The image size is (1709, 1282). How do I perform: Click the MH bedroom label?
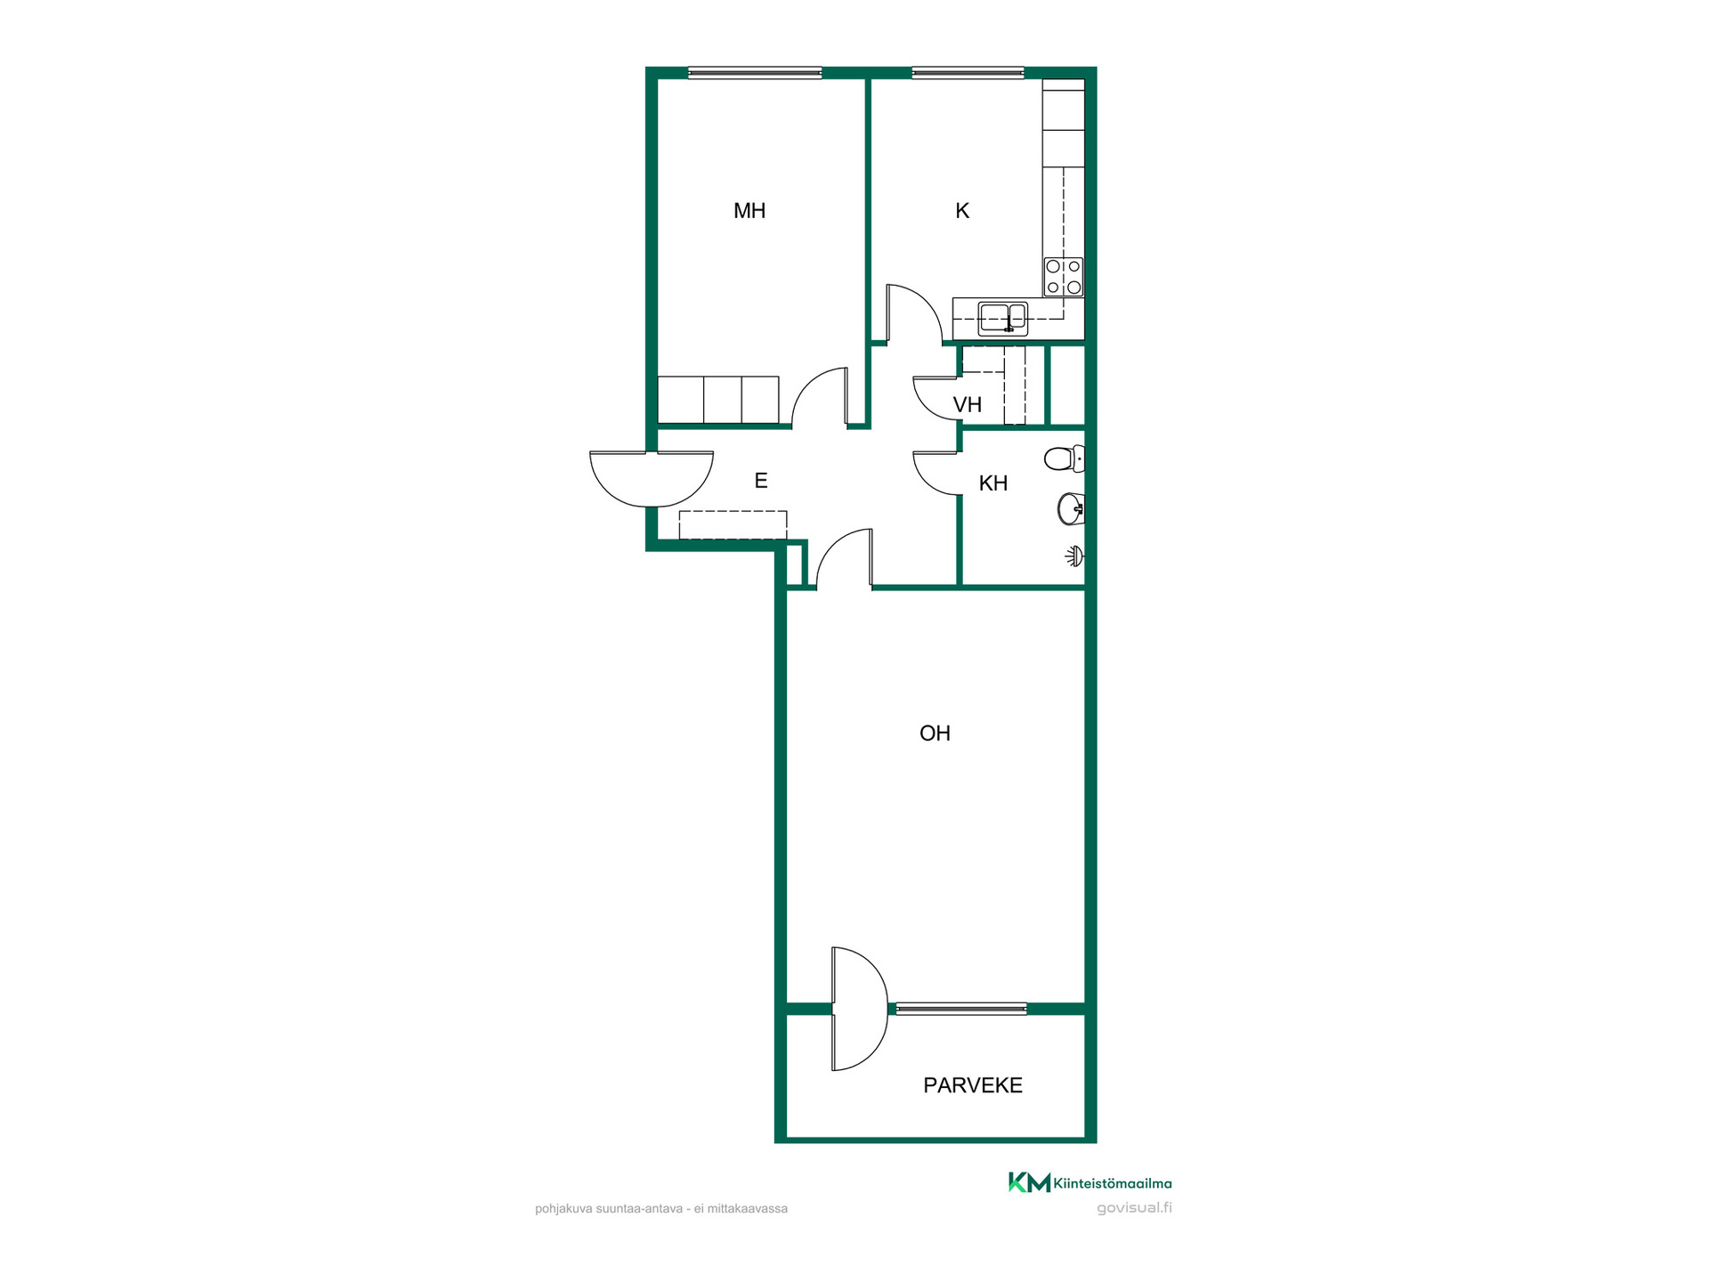[749, 211]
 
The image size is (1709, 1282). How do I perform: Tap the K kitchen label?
[962, 211]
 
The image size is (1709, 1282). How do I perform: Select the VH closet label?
[968, 405]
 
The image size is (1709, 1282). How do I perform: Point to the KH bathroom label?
[993, 483]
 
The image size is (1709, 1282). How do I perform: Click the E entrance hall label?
[761, 481]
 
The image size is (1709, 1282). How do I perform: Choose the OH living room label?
[935, 734]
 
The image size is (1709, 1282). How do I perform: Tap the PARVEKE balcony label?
[973, 1085]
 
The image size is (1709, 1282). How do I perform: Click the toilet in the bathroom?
[1065, 458]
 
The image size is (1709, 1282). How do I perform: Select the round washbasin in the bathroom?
[1071, 509]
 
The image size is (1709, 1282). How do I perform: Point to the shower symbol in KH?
[1075, 556]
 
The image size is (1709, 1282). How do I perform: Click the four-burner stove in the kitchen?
[1064, 277]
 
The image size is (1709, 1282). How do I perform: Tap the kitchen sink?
[1003, 318]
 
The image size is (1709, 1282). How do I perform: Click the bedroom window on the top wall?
[755, 73]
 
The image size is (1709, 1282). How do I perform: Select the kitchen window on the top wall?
[968, 73]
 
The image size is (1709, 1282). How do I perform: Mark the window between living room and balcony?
[961, 1009]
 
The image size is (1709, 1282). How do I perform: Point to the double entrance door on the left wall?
[652, 481]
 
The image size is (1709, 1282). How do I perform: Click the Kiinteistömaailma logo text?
[1113, 1183]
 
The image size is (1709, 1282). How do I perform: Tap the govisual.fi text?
[1134, 1208]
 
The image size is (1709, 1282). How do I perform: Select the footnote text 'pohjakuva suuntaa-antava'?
[609, 1209]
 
